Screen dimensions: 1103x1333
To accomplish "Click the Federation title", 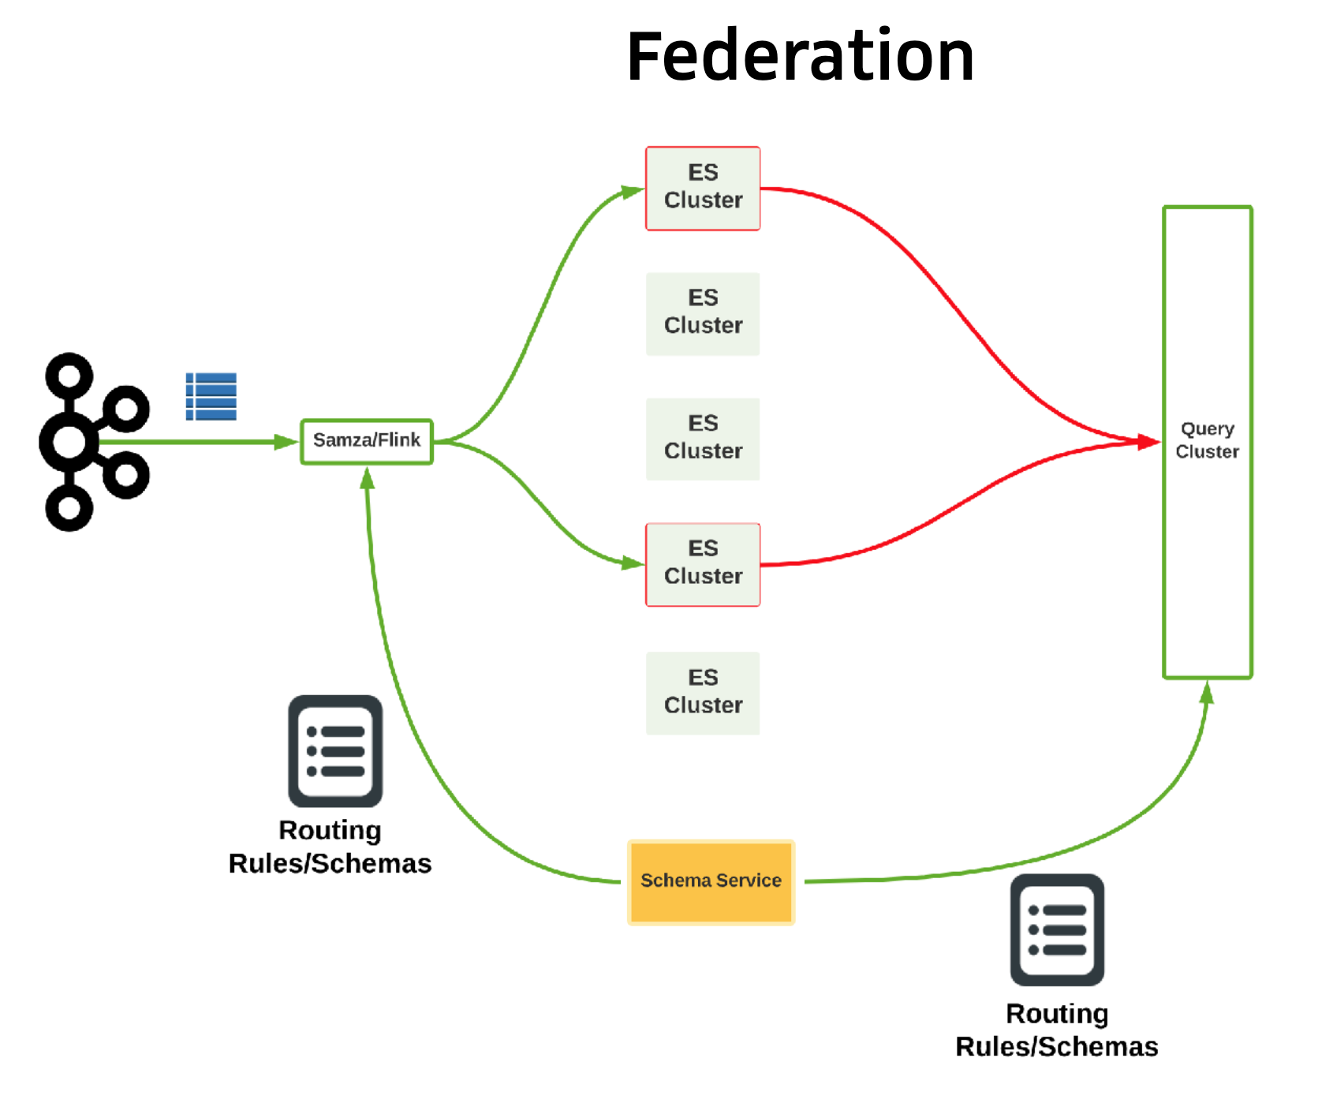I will click(800, 57).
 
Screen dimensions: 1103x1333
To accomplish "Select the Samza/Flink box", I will click(367, 441).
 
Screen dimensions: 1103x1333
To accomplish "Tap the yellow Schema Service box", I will click(711, 881).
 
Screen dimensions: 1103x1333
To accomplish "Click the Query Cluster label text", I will click(1207, 440).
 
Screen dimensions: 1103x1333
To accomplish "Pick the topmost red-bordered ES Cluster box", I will click(703, 188).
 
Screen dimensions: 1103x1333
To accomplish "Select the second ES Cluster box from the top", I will click(703, 313).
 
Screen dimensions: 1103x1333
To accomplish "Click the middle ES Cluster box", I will click(703, 439).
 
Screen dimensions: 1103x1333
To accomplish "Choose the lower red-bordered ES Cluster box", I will click(703, 564).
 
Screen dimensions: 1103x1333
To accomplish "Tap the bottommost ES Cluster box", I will click(703, 693).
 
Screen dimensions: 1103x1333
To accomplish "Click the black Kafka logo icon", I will click(91, 442).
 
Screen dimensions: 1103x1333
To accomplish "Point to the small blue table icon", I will click(211, 396).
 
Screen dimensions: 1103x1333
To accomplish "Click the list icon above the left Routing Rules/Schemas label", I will click(335, 750).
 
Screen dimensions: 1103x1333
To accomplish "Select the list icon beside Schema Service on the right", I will click(1057, 929).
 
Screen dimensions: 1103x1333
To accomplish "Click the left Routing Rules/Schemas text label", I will click(330, 847).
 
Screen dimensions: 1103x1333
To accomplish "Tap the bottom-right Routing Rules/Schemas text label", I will click(1057, 1030).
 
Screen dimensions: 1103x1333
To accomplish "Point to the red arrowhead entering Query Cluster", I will click(1148, 442).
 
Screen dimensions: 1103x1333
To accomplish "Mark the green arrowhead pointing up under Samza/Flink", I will click(368, 478).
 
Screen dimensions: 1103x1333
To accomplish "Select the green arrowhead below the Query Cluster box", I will click(1207, 693).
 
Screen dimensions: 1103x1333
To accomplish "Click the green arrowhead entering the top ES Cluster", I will click(632, 191).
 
